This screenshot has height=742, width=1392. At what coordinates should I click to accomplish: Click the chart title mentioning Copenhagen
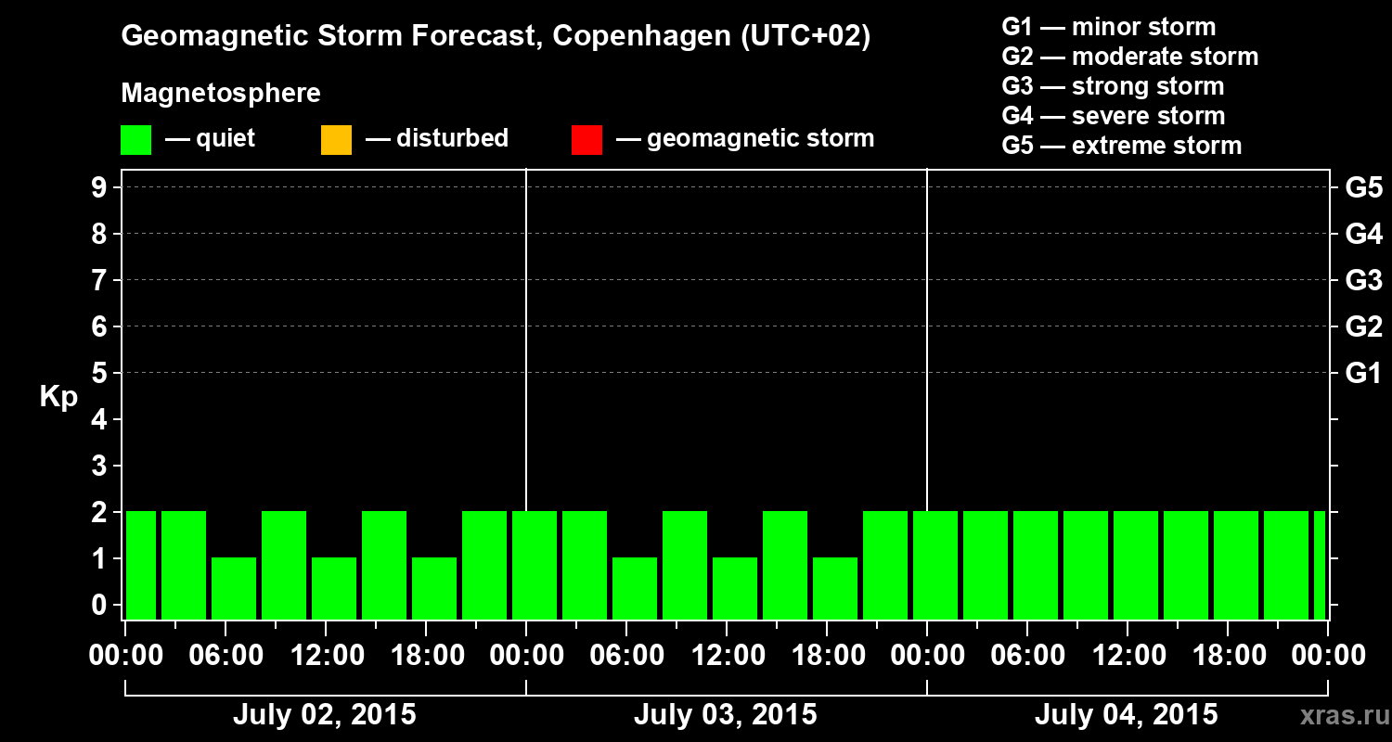point(496,37)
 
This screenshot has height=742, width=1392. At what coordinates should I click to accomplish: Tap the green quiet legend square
point(135,140)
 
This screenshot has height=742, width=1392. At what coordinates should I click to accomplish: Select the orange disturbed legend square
point(336,140)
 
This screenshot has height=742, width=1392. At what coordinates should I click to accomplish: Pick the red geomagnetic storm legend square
point(586,140)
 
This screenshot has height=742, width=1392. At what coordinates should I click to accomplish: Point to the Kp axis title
point(58,396)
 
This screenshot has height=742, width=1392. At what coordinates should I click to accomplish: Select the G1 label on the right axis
point(1363,374)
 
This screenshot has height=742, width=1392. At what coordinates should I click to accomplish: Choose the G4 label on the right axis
point(1363,234)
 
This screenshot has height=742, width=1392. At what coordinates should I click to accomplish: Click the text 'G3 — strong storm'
point(1113,86)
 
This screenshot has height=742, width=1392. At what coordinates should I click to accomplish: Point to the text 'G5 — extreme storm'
point(1121,146)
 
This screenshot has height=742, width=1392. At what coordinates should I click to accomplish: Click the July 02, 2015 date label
point(324,715)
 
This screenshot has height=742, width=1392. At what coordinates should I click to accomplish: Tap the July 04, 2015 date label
point(1126,715)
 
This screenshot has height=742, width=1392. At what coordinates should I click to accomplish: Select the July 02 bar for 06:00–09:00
point(234,588)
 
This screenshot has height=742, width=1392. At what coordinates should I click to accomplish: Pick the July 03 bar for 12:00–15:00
point(735,588)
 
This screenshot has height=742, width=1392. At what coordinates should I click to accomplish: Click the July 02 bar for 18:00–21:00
point(434,588)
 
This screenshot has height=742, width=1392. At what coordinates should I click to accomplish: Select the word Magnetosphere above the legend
point(221,94)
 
